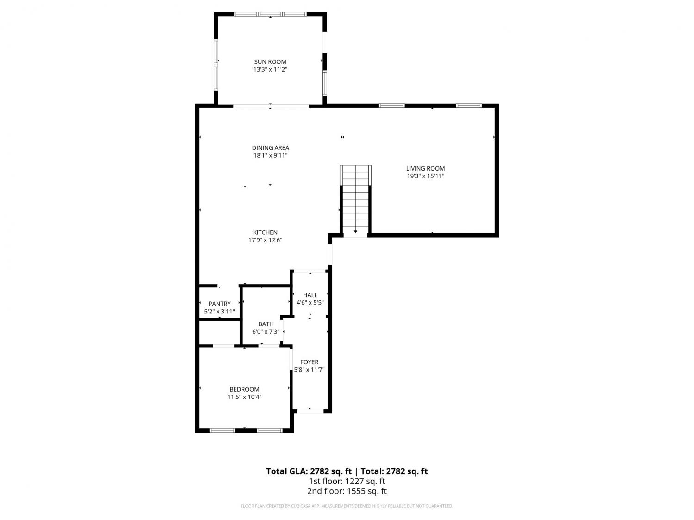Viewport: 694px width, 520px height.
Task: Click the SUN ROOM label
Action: click(270, 62)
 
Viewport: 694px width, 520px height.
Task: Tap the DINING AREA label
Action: click(270, 148)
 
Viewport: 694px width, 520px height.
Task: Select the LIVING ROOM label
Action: click(425, 169)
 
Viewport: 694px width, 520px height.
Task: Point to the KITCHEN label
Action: click(265, 232)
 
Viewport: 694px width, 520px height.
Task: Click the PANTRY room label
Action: click(219, 304)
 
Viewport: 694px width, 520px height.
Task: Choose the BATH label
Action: click(266, 324)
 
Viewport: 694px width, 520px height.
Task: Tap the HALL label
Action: click(310, 295)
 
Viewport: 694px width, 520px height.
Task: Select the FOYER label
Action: click(309, 362)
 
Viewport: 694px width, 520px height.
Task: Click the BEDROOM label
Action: click(244, 389)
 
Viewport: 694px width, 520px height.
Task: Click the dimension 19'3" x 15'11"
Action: click(425, 176)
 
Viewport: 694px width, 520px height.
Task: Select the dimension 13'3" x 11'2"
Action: click(270, 69)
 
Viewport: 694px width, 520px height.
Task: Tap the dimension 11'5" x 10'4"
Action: click(244, 397)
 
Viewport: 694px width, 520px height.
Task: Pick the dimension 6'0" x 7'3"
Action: click(266, 331)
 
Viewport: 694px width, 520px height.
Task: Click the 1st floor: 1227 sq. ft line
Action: click(347, 481)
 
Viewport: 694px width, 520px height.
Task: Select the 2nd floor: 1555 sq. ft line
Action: click(347, 491)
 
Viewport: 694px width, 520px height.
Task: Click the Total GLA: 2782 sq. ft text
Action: click(309, 471)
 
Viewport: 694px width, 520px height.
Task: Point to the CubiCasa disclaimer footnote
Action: click(347, 506)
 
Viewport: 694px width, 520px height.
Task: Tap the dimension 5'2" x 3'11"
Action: click(219, 311)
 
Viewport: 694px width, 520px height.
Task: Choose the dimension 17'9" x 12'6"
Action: click(265, 240)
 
